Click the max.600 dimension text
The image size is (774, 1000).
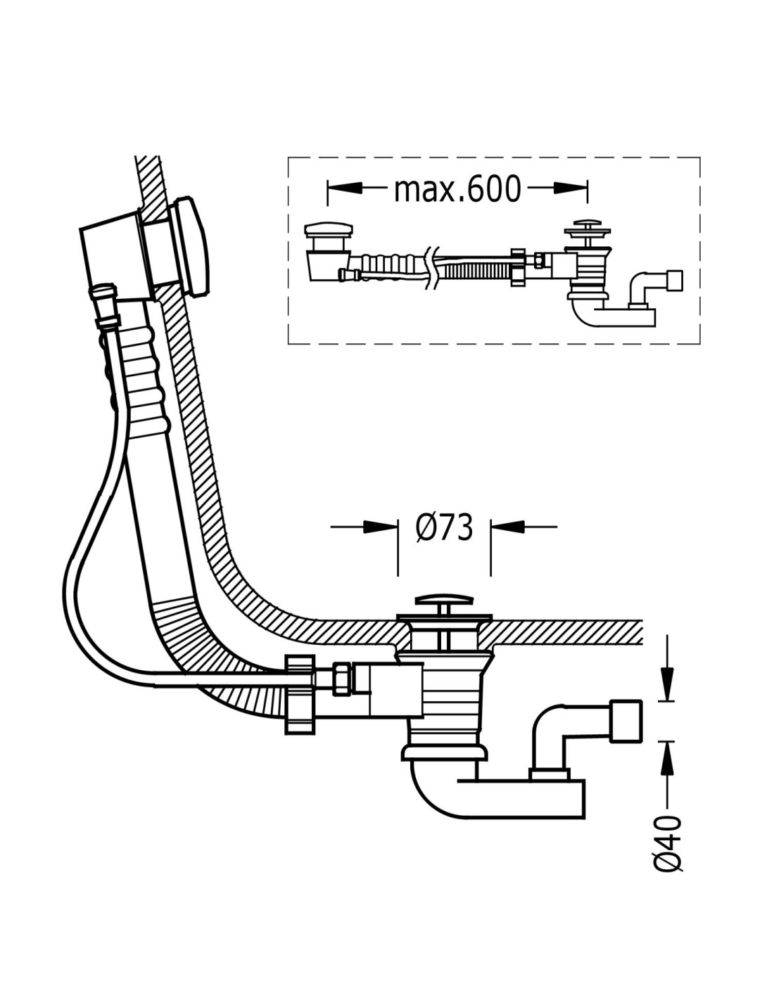[457, 188]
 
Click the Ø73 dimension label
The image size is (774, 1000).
[443, 527]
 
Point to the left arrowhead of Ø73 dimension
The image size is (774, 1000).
[381, 526]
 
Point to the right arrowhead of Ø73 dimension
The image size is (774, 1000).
[507, 526]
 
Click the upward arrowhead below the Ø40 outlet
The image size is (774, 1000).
[666, 756]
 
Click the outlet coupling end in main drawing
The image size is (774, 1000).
[626, 720]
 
